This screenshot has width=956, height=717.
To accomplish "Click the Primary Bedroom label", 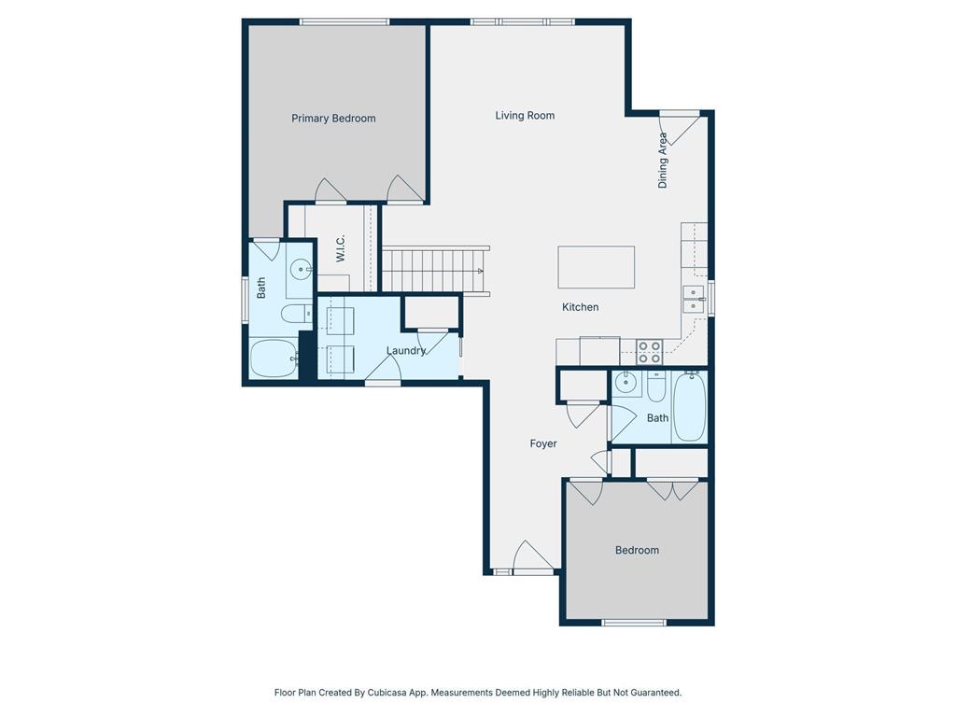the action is click(333, 119).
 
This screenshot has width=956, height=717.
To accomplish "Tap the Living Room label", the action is click(525, 115).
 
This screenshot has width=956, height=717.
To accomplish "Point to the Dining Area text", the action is click(663, 161).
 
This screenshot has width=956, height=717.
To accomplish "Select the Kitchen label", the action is click(580, 306).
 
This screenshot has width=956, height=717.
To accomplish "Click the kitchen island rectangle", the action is click(596, 267).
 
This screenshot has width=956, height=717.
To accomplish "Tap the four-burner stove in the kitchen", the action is click(650, 352).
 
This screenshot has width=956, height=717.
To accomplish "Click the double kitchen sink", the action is click(694, 299).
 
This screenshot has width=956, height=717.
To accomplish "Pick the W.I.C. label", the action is click(340, 248).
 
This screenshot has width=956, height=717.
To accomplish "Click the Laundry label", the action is click(405, 351).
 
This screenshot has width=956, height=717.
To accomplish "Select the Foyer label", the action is click(543, 443).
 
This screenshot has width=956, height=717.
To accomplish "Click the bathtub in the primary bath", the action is click(274, 358).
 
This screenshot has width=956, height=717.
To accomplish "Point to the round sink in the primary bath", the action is click(300, 269).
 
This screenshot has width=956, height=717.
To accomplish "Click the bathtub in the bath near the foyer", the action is click(690, 406).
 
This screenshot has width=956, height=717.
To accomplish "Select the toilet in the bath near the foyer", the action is click(656, 387).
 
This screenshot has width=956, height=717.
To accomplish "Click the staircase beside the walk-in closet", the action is click(435, 271).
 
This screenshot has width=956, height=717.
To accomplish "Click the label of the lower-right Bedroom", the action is click(637, 550).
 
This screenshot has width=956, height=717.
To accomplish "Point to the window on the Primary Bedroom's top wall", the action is click(344, 22).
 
